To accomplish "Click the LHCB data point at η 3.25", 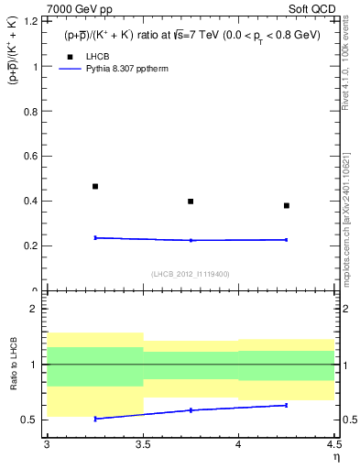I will (x=94, y=186).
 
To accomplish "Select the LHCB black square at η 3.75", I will (x=191, y=201).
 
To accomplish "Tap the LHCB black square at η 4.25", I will (x=287, y=205).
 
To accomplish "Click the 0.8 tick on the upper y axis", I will (x=34, y=112).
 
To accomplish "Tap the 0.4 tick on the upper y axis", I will (x=34, y=202).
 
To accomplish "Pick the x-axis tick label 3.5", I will (x=143, y=444).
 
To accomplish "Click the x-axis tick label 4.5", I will (x=333, y=444).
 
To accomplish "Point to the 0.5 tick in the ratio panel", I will (x=34, y=420).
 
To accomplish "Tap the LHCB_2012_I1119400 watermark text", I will (x=191, y=274).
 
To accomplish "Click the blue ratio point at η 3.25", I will (x=94, y=419).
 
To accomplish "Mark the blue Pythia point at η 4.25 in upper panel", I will (x=287, y=240).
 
